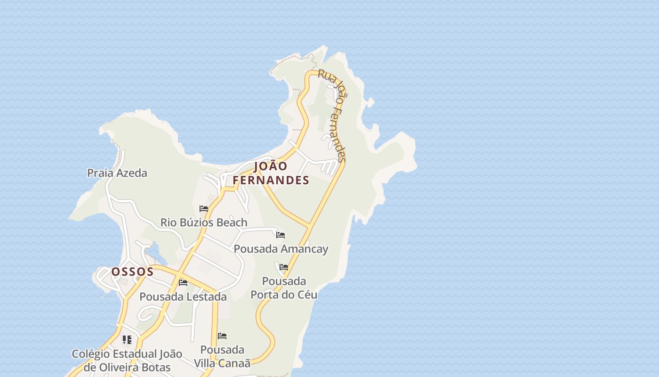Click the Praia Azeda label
[117, 173]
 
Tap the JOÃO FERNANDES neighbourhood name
[271, 173]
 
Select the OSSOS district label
[132, 271]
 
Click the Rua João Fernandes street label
[333, 115]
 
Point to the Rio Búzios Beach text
[204, 222]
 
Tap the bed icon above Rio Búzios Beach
[204, 208]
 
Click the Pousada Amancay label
[281, 249]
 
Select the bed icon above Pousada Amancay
[281, 235]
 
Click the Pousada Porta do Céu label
[284, 288]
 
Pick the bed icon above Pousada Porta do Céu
[284, 267]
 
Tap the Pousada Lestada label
[183, 297]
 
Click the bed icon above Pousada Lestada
[183, 282]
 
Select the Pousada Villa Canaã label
[222, 356]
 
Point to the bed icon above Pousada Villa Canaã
[222, 336]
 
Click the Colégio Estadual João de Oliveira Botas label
[127, 361]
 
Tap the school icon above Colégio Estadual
[127, 339]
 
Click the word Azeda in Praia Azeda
[132, 173]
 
